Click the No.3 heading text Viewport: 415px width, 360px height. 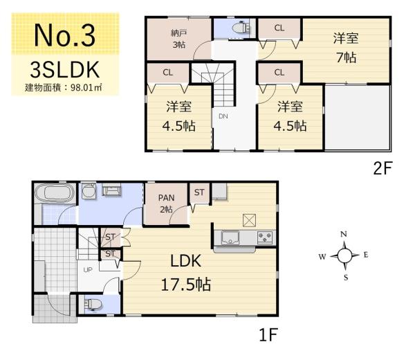(x=65, y=35)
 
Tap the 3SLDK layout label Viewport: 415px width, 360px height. (x=65, y=70)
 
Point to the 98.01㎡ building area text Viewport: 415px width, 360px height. (x=86, y=88)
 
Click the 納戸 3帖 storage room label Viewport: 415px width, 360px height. (x=179, y=39)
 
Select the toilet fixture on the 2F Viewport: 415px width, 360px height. (x=241, y=27)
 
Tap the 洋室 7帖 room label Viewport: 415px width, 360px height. (x=346, y=48)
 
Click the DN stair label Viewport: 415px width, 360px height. (x=223, y=116)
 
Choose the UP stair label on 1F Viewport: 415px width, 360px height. (x=88, y=270)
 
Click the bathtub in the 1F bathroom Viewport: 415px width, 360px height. (x=55, y=192)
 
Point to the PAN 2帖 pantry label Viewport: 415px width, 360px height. (x=166, y=204)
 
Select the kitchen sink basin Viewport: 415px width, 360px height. (x=230, y=237)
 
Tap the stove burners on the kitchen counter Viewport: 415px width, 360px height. (x=265, y=237)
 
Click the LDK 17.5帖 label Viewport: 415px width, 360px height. (x=186, y=272)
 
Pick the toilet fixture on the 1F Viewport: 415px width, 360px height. (x=93, y=304)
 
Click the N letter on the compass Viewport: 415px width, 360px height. (x=344, y=234)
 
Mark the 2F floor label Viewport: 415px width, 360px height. (x=382, y=168)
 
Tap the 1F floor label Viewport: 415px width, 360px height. (x=268, y=334)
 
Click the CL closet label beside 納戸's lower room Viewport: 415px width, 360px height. (x=168, y=72)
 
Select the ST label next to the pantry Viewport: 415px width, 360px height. (x=199, y=192)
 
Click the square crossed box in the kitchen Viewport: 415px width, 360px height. (x=249, y=220)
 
